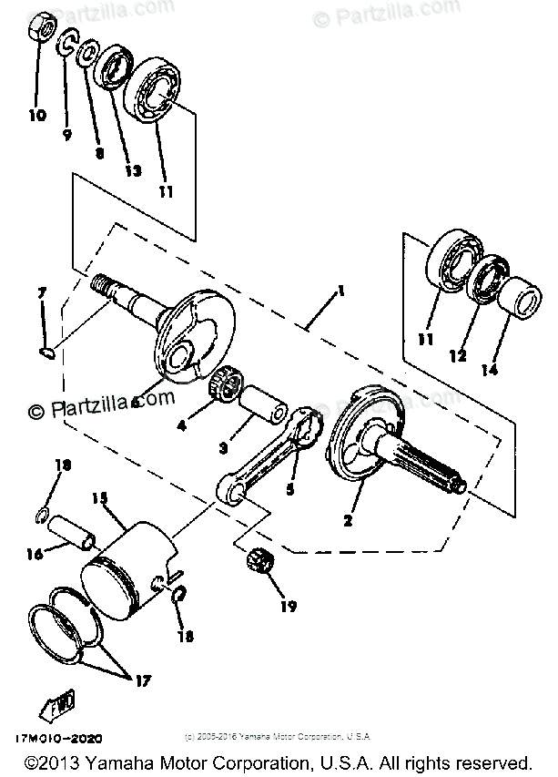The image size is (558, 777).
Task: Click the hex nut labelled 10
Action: [x=39, y=29]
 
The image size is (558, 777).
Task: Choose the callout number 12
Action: [x=458, y=357]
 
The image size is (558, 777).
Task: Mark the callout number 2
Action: [x=347, y=521]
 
